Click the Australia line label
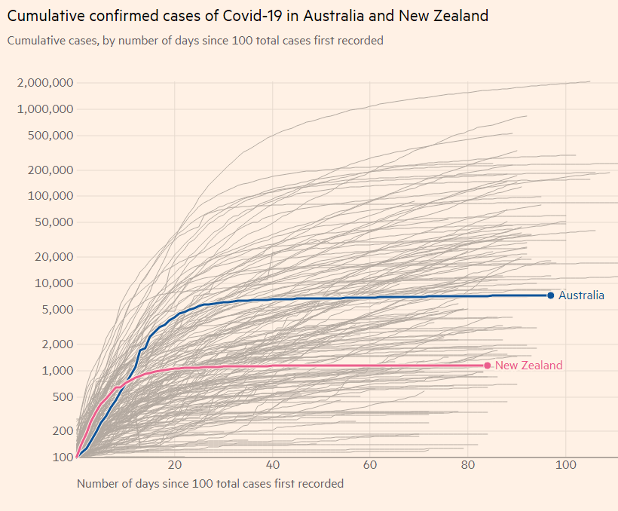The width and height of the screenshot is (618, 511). [x=581, y=295]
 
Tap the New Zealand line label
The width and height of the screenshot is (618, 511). [x=529, y=366]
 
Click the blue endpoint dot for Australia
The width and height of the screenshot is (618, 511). [x=551, y=295]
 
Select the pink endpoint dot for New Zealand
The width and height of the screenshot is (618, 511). [x=488, y=366]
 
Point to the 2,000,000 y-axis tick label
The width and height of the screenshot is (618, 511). [x=44, y=83]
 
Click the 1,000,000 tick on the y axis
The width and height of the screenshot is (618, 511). [x=44, y=109]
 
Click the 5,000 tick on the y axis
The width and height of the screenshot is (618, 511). [x=55, y=310]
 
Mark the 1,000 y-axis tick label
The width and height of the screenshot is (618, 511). [x=55, y=371]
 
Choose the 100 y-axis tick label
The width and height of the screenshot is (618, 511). [x=63, y=457]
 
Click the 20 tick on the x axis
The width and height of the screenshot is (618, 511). [x=175, y=465]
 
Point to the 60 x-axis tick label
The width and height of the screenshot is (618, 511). [x=370, y=465]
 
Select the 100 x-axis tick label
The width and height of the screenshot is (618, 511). [x=565, y=465]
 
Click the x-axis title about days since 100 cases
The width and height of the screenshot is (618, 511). [x=210, y=484]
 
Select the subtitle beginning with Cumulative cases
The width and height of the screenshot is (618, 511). [x=195, y=41]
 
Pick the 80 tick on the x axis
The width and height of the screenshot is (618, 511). [x=468, y=465]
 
